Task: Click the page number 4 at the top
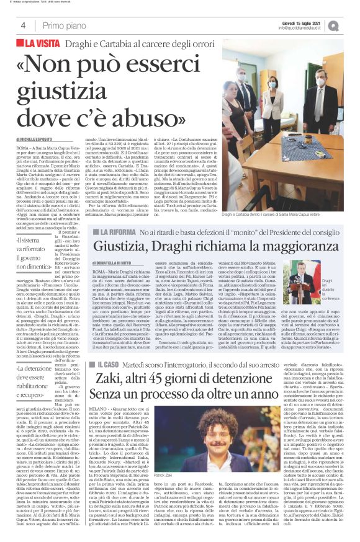tap(23, 25)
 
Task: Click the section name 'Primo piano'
tap(63, 25)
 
